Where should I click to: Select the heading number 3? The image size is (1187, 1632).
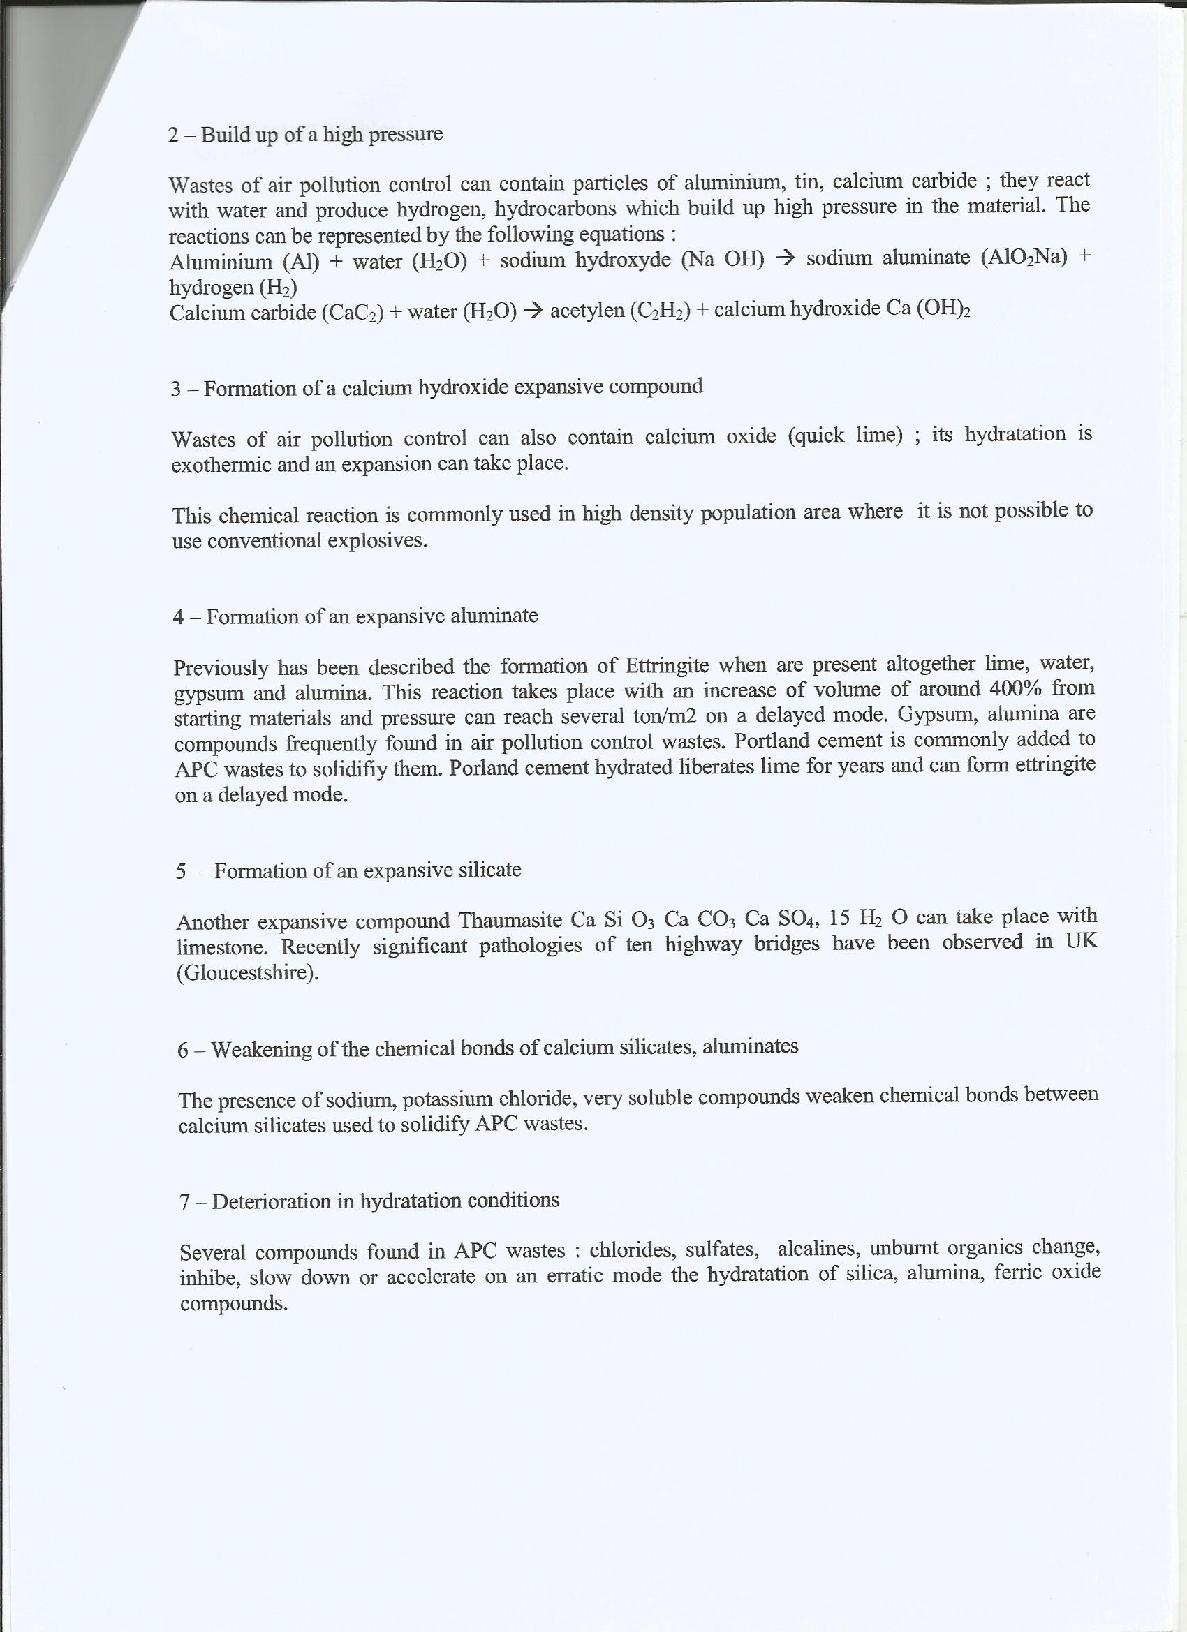click(x=177, y=390)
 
